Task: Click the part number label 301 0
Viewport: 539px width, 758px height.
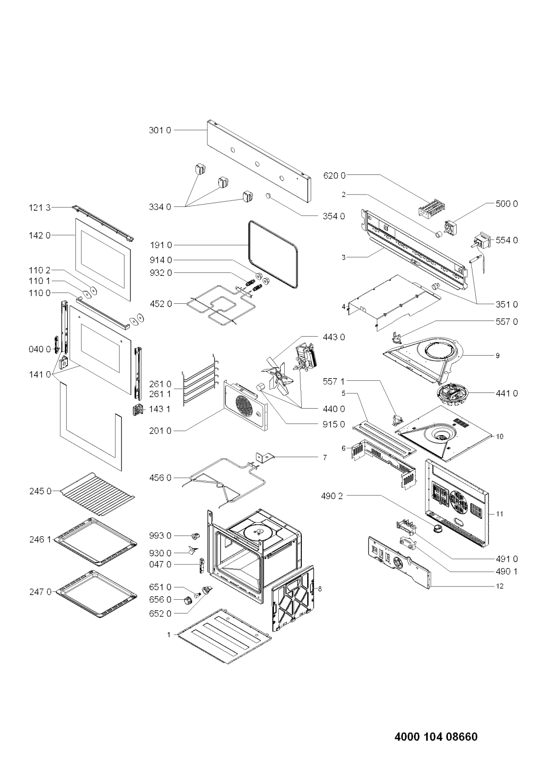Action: [x=160, y=130]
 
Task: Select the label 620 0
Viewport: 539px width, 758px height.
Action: [x=334, y=175]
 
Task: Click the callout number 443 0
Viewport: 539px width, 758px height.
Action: [x=334, y=337]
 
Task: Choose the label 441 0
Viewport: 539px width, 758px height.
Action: [x=507, y=393]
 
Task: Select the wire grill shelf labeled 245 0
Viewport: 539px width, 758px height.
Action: [x=97, y=494]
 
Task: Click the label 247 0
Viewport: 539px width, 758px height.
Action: [x=40, y=592]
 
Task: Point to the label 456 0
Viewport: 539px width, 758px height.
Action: [x=160, y=478]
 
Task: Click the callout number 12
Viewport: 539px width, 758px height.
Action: [x=500, y=586]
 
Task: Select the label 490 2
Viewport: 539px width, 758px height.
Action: [x=332, y=496]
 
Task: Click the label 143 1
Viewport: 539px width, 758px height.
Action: [x=160, y=409]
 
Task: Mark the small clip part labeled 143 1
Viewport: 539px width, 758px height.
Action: [x=137, y=411]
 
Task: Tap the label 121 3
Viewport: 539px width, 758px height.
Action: [x=40, y=207]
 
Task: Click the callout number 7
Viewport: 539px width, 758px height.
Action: [x=325, y=458]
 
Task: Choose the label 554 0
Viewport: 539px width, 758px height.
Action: [x=507, y=240]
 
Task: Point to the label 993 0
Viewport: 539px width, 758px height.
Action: [x=160, y=536]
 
